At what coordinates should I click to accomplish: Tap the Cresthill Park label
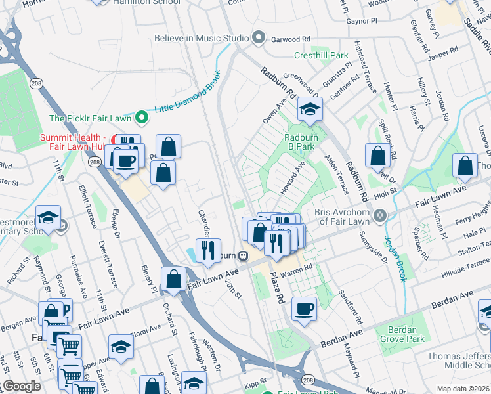321,55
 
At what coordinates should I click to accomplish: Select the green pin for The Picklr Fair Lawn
140,118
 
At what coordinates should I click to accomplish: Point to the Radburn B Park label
301,142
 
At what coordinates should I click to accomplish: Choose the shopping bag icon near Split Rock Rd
378,156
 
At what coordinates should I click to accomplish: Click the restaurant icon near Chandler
208,250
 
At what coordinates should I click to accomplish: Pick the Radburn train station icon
243,255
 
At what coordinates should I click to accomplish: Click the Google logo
21,386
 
